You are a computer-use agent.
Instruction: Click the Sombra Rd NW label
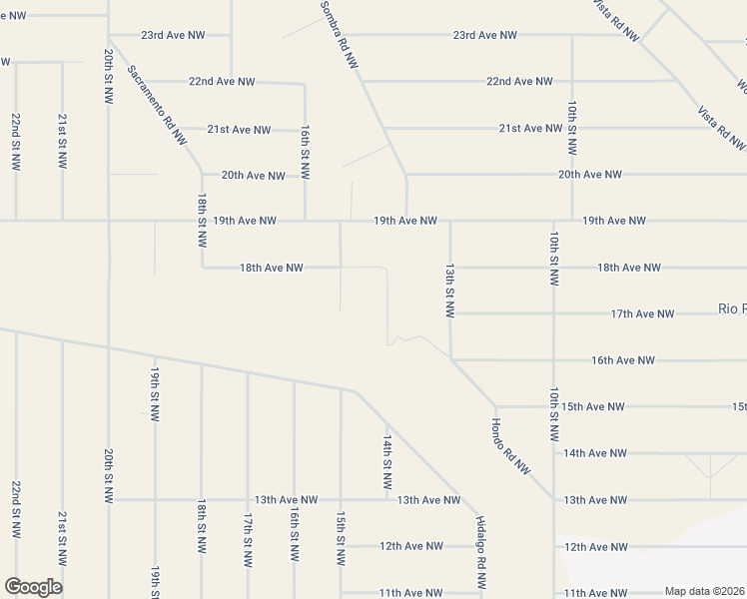pyautogui.click(x=339, y=35)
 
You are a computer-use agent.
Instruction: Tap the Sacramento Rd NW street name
pyautogui.click(x=158, y=106)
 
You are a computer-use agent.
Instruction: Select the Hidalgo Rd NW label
pyautogui.click(x=480, y=543)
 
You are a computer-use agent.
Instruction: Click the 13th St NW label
pyautogui.click(x=450, y=292)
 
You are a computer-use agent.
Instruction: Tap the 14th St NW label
pyautogui.click(x=387, y=459)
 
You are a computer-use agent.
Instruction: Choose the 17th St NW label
pyautogui.click(x=248, y=539)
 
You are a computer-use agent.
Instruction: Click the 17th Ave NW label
pyautogui.click(x=642, y=313)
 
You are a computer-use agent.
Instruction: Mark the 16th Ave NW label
pyautogui.click(x=623, y=360)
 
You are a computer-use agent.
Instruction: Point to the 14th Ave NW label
pyautogui.click(x=594, y=453)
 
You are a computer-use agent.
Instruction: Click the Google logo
pyautogui.click(x=33, y=587)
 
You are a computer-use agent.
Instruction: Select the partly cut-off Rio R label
pyautogui.click(x=732, y=308)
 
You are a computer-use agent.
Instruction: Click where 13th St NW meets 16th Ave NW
pyautogui.click(x=451, y=359)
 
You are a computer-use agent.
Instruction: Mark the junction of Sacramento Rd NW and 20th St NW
pyautogui.click(x=109, y=42)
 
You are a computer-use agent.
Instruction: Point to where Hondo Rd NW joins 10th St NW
pyautogui.click(x=552, y=499)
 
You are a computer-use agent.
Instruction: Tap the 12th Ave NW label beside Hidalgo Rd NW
pyautogui.click(x=411, y=546)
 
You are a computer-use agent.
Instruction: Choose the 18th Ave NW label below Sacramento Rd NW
pyautogui.click(x=271, y=268)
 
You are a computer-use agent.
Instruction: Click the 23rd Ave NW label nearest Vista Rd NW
pyautogui.click(x=484, y=35)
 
